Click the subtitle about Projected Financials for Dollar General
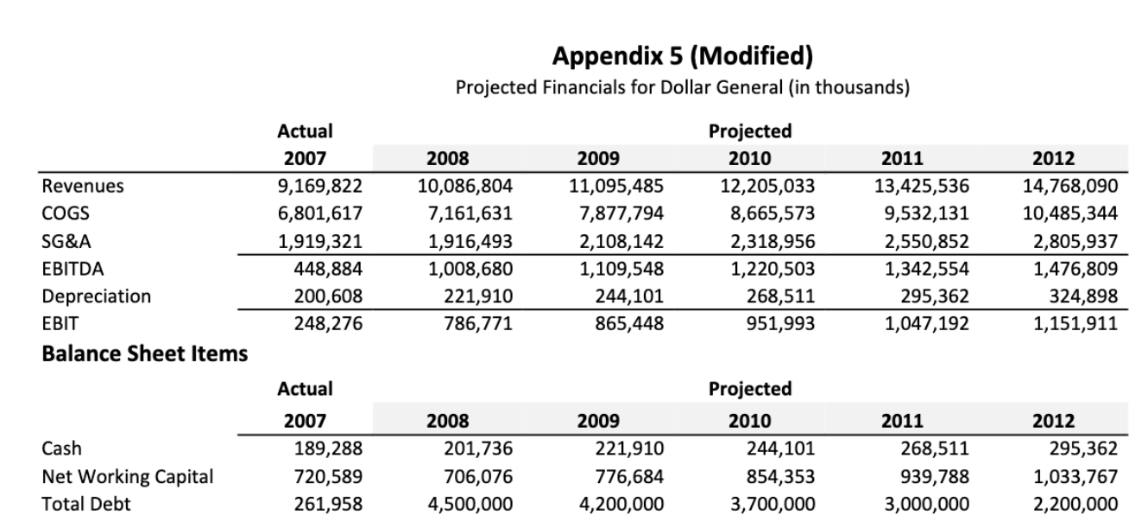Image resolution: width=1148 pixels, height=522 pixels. [682, 88]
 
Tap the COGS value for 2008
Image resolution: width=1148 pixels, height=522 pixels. [471, 213]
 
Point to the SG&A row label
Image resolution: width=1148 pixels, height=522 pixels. [65, 241]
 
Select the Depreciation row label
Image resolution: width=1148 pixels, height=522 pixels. [97, 296]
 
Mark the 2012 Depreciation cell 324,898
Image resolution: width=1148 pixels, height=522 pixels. [1086, 296]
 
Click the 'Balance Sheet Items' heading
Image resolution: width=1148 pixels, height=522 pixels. [145, 353]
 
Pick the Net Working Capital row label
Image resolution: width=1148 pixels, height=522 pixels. [128, 476]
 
